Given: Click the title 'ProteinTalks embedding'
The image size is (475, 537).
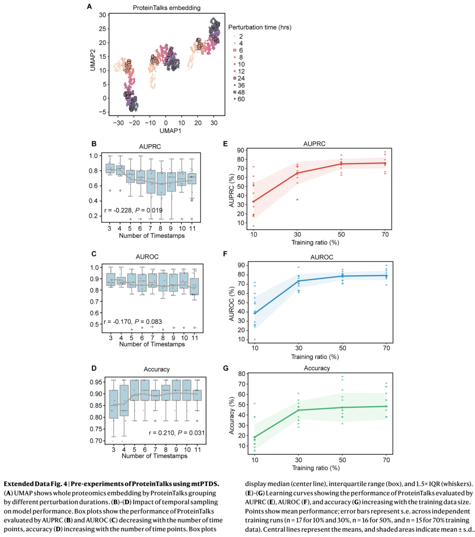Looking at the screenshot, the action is pyautogui.click(x=166, y=8).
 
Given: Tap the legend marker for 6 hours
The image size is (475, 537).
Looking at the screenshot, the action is pyautogui.click(x=235, y=51).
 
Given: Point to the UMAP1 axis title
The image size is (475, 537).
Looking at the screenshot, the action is pyautogui.click(x=170, y=131).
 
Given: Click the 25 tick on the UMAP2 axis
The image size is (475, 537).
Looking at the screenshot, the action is pyautogui.click(x=102, y=29).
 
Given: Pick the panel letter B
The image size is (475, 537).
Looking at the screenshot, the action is pyautogui.click(x=94, y=144).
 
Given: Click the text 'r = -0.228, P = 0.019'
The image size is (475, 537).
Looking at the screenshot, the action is pyautogui.click(x=133, y=210).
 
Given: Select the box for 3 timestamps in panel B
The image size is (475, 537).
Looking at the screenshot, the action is pyautogui.click(x=110, y=168).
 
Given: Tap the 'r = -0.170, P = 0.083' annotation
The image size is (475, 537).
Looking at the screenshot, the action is pyautogui.click(x=132, y=321).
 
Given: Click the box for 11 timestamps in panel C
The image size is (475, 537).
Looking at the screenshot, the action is pyautogui.click(x=195, y=286).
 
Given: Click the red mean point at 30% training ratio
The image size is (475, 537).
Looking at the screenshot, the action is pyautogui.click(x=297, y=173).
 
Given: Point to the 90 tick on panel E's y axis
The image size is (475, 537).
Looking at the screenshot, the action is pyautogui.click(x=241, y=150).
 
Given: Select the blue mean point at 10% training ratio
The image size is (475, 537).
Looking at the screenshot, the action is pyautogui.click(x=255, y=313).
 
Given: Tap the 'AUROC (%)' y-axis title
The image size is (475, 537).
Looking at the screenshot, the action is pyautogui.click(x=232, y=304).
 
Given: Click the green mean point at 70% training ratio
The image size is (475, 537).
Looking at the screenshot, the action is pyautogui.click(x=386, y=406).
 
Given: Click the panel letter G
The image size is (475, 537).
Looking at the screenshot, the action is pyautogui.click(x=226, y=369).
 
